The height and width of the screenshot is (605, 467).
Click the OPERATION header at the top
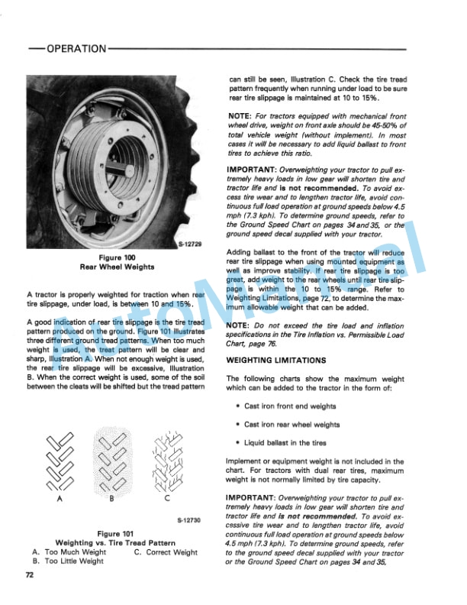point(76,49)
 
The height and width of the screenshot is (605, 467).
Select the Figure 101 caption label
point(116,532)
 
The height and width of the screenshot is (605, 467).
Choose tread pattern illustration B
point(111,461)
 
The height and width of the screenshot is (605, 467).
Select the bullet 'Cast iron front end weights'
point(290,407)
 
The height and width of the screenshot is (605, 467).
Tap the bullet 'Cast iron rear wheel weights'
point(292,425)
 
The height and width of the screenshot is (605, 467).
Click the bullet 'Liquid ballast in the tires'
point(289,442)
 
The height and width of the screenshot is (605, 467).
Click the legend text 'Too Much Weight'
point(76,552)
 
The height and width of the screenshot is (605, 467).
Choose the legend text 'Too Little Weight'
point(74,561)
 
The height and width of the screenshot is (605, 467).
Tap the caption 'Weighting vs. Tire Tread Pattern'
point(117,542)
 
